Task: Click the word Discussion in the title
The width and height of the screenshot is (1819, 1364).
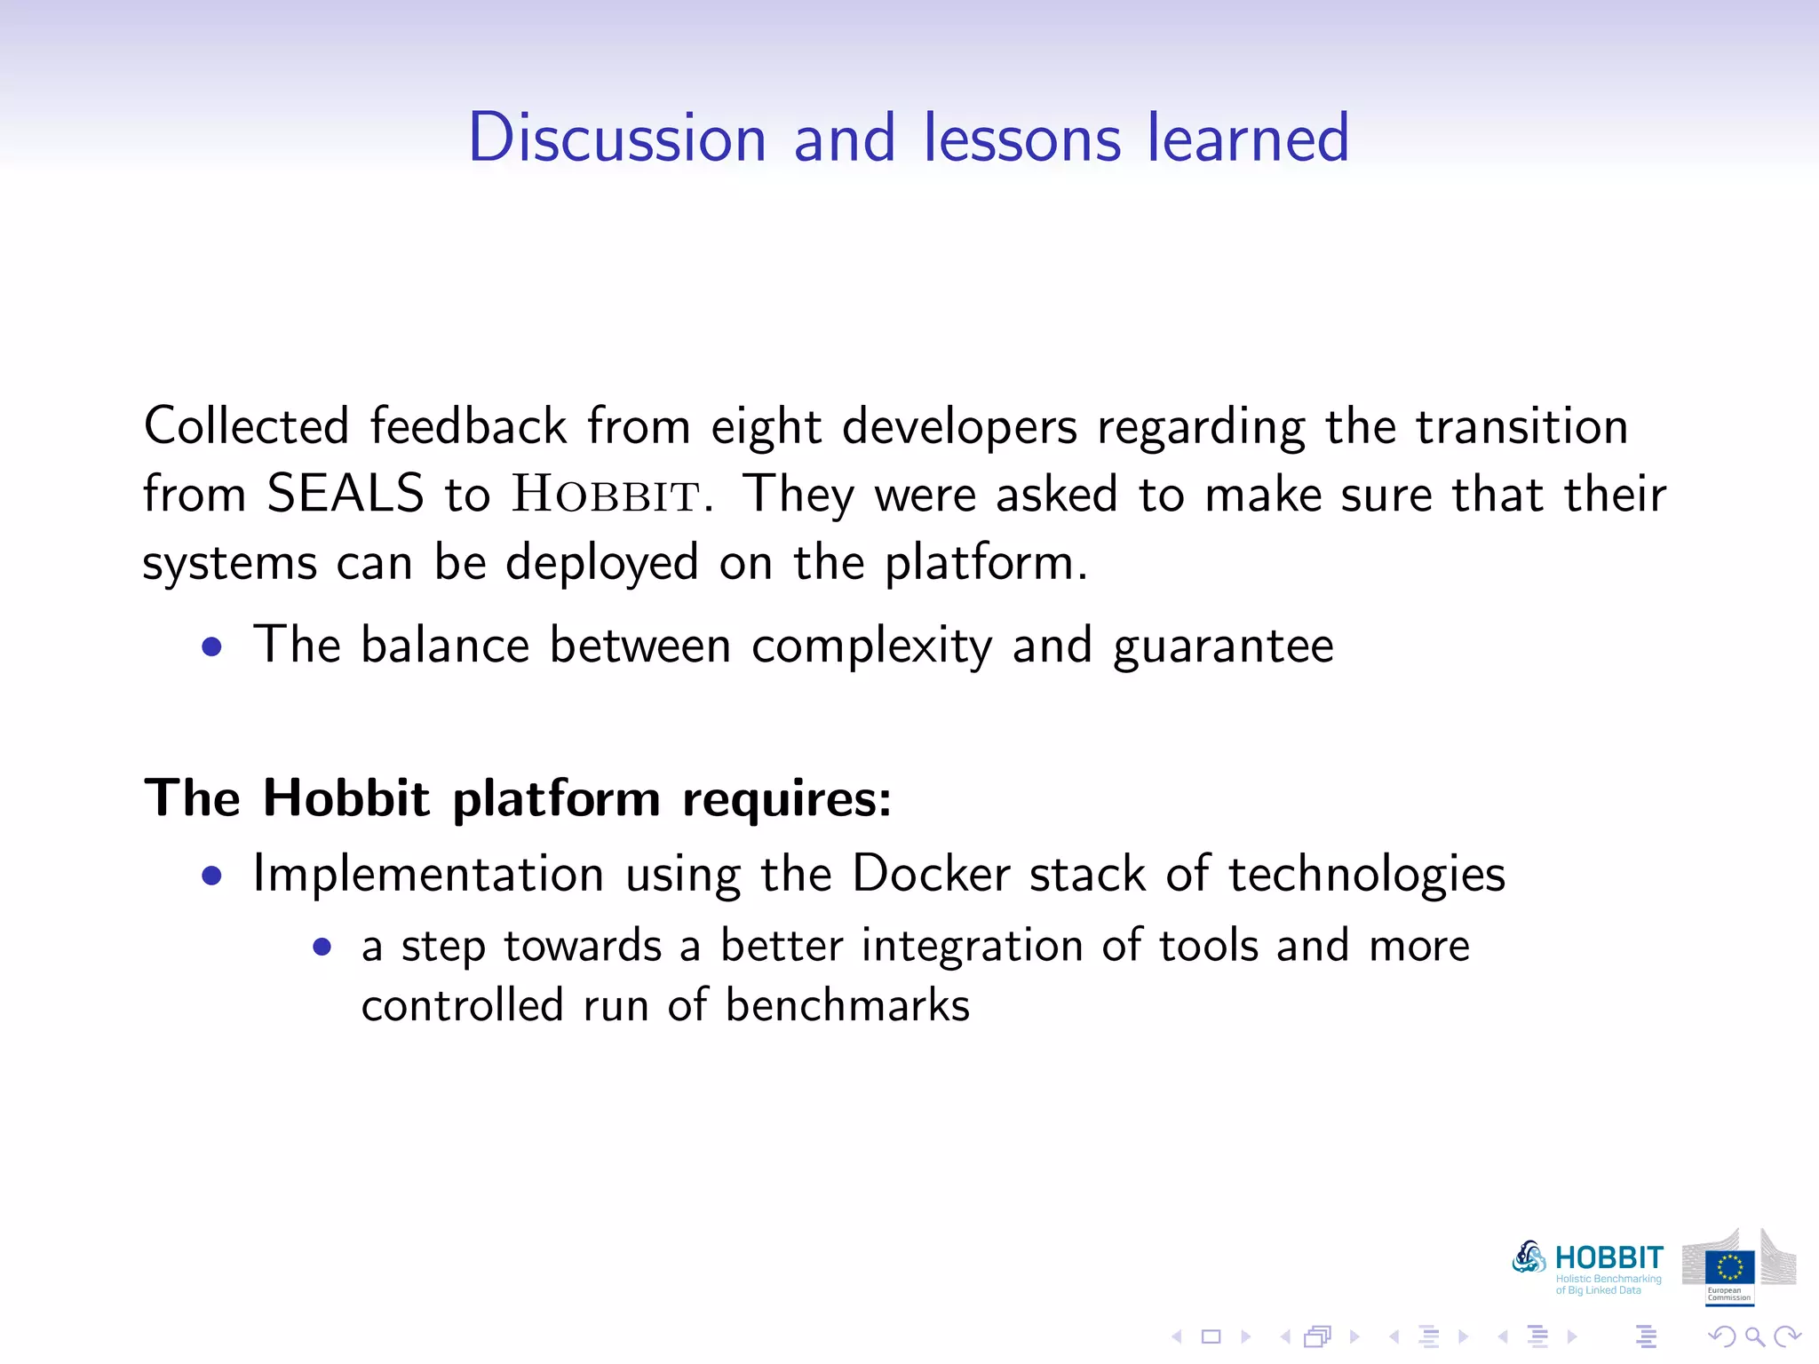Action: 616,138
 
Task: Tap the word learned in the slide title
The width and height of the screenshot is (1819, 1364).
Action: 1248,138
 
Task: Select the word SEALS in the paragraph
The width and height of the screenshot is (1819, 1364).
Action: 345,494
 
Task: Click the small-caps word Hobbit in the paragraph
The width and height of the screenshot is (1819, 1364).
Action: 607,496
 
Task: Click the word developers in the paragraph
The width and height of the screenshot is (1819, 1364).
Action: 959,426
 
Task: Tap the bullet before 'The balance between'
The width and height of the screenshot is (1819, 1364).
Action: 211,647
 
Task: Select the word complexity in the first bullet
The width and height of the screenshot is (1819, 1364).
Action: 871,646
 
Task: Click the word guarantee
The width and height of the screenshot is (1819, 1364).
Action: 1223,646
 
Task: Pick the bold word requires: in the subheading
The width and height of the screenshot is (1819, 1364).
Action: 786,798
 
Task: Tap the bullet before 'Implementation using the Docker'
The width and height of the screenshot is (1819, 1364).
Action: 211,876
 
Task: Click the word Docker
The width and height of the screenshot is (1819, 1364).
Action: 931,874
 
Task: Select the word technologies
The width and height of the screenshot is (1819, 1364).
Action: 1367,874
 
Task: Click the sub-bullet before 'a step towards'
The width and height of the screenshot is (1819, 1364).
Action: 322,948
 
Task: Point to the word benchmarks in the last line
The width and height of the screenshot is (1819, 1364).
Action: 847,1005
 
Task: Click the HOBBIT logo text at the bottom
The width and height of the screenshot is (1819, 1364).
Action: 1609,1258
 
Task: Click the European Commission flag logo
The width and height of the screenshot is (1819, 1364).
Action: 1728,1268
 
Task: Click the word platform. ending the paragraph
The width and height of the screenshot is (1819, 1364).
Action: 986,563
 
